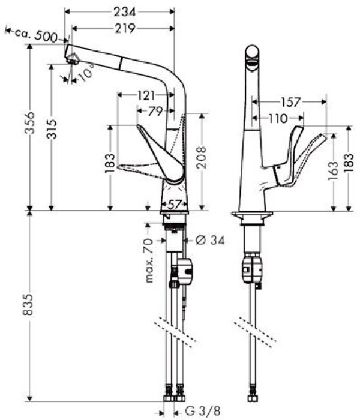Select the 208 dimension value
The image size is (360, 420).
coord(201,157)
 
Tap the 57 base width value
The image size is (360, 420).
coord(174,205)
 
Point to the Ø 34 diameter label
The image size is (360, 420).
coord(209,241)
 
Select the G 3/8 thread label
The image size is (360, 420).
coord(199,412)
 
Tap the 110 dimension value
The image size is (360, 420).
coord(277,119)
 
